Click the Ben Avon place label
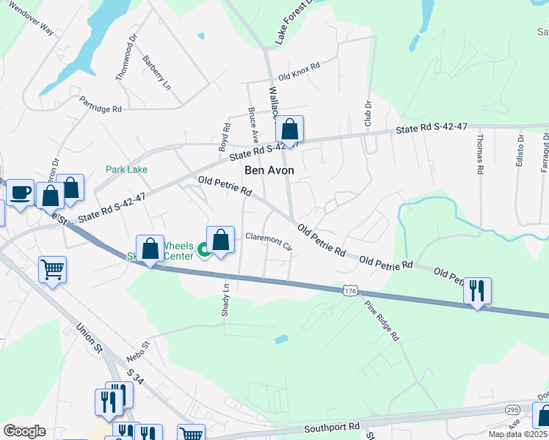[x=269, y=170]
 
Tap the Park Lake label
[x=126, y=169]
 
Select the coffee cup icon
[x=20, y=193]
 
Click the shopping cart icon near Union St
[x=52, y=270]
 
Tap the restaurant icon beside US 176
[x=477, y=291]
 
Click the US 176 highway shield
[x=350, y=292]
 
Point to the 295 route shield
[x=512, y=409]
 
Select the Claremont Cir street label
[x=269, y=241]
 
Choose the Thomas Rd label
[x=479, y=153]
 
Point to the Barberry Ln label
[x=156, y=73]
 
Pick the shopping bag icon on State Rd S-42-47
[x=290, y=131]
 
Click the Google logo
[x=24, y=431]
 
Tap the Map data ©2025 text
[x=517, y=434]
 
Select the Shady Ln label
[x=225, y=299]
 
